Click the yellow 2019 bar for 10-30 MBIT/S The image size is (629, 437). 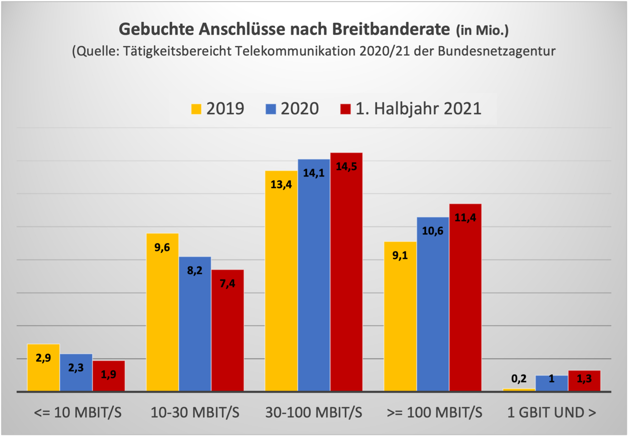162,315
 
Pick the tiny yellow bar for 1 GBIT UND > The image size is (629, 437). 519,390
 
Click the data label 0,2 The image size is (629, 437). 519,378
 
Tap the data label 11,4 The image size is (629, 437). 465,217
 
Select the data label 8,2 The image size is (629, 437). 195,270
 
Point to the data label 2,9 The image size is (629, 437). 43,358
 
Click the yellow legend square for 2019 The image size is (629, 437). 196,109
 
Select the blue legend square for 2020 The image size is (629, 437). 271,109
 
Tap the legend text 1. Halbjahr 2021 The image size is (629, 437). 418,109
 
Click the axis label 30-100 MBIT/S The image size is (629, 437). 314,412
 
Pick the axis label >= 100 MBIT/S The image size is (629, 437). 434,412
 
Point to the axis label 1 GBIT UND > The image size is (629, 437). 552,412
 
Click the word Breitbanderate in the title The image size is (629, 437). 391,29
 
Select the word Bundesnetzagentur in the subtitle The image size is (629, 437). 497,51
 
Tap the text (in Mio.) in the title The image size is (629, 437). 482,31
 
